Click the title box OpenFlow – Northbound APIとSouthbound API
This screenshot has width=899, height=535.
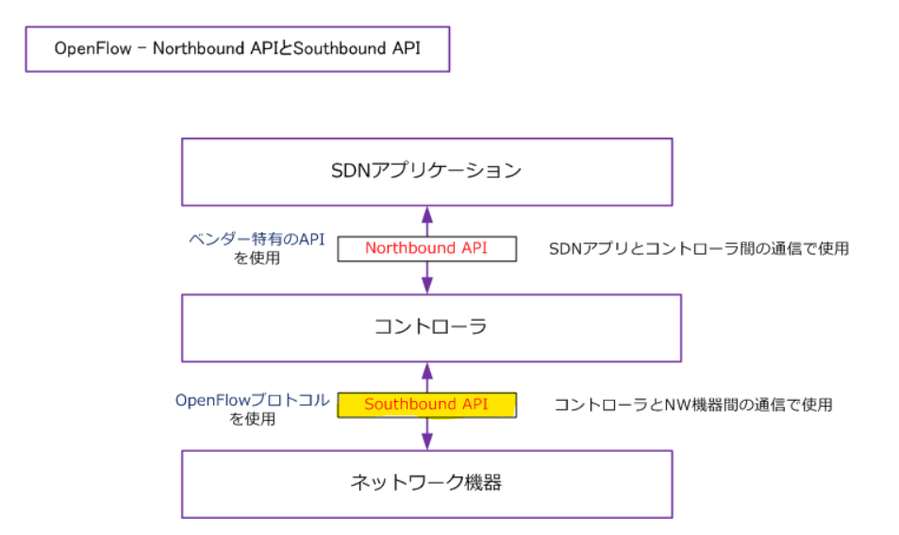click(237, 49)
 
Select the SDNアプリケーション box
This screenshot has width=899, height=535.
click(426, 172)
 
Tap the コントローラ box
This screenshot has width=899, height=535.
click(430, 327)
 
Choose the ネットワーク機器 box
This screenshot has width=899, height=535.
click(426, 483)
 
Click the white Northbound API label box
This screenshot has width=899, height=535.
click(426, 249)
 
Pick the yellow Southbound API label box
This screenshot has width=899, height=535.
click(426, 405)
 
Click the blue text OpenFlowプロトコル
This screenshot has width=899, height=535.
click(253, 400)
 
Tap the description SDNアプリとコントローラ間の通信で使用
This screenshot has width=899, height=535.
click(699, 249)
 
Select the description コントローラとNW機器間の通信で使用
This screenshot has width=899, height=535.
click(693, 405)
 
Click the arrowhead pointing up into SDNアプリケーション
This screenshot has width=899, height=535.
click(426, 212)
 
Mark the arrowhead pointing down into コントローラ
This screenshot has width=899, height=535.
click(426, 287)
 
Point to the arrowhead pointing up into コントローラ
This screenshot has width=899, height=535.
click(426, 368)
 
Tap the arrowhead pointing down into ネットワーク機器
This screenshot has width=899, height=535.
click(426, 443)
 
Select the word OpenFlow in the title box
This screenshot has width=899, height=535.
click(92, 49)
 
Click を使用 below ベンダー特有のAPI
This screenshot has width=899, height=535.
click(257, 258)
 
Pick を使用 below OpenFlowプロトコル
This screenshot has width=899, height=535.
click(253, 419)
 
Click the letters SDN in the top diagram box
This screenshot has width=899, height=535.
click(351, 172)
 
